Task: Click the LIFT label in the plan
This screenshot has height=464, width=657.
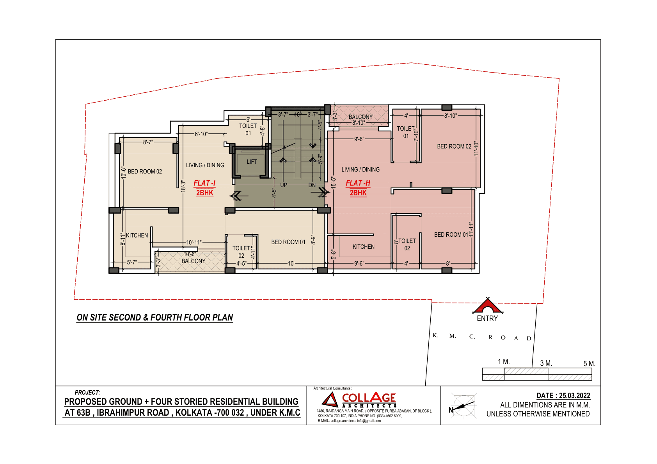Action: click(252, 162)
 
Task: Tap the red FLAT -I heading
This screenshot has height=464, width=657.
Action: click(204, 183)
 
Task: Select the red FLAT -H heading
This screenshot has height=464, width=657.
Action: click(358, 183)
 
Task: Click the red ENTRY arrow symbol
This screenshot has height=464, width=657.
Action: click(487, 306)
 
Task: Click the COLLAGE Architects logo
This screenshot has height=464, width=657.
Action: click(359, 400)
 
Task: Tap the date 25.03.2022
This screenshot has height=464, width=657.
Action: click(574, 396)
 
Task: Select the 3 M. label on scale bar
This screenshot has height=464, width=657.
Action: click(546, 363)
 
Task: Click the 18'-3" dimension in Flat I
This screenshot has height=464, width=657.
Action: click(183, 186)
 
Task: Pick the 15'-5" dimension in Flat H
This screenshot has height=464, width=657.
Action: click(333, 182)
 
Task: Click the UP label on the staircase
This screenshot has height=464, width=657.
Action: click(284, 185)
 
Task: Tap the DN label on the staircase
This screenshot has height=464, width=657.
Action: click(312, 185)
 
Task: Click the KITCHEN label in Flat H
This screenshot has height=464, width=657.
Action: click(363, 247)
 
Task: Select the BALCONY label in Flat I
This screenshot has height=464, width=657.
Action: click(193, 261)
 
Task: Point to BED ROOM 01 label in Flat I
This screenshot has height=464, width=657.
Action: click(288, 242)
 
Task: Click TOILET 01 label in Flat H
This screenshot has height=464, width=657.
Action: click(406, 132)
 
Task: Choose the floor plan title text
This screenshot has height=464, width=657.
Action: click(154, 317)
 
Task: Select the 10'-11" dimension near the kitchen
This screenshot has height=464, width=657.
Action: click(194, 243)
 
